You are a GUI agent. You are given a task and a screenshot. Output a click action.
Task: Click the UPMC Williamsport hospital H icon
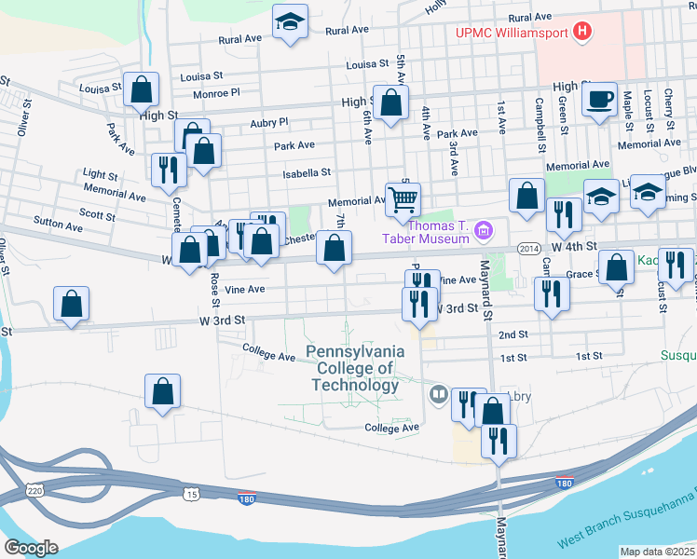pos(582,33)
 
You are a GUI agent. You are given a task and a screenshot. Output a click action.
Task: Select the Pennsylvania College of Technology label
pos(355,368)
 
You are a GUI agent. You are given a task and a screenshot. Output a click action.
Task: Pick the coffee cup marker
pos(600,99)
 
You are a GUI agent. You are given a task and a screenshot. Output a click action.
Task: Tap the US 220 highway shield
pos(35,489)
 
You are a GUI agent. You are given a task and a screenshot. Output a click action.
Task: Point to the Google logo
pos(31,548)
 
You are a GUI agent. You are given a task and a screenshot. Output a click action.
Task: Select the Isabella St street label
pos(307,172)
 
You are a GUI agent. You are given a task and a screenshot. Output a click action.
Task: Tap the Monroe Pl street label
pos(216,93)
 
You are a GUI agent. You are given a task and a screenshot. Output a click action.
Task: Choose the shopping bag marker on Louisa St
pos(142,89)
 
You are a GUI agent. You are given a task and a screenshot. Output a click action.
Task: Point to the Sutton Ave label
pos(58,225)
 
